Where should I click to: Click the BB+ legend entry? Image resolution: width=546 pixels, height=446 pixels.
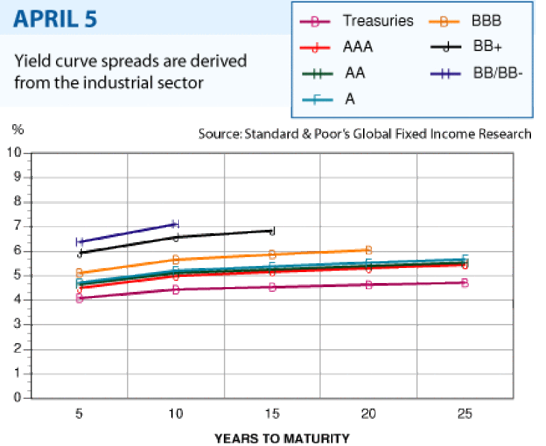487,48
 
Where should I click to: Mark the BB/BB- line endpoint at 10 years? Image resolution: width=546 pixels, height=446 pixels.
175,224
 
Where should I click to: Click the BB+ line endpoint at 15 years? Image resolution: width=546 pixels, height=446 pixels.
272,231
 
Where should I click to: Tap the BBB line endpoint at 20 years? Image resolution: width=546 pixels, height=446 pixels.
369,250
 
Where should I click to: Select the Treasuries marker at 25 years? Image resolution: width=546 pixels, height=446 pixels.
465,282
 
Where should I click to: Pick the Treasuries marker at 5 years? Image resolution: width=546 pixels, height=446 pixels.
80,299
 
